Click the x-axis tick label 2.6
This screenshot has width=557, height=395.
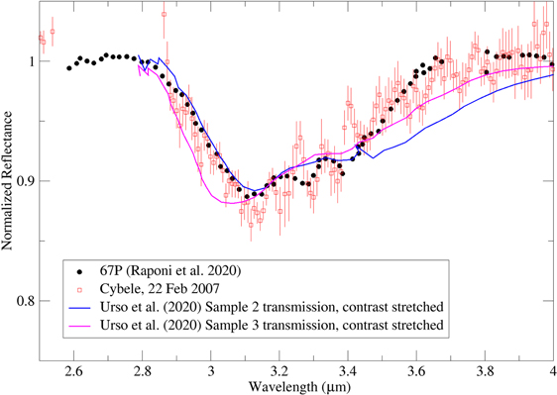tap(73, 369)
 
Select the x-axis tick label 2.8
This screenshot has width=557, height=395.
tap(142, 369)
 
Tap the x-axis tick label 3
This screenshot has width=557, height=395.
tap(210, 369)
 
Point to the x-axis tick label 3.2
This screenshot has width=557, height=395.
tap(278, 369)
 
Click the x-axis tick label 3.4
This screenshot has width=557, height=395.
tap(347, 369)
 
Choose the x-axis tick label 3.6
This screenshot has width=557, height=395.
tap(415, 369)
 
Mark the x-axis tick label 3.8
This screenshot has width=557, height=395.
tap(484, 369)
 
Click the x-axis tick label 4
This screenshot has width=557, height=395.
tap(551, 369)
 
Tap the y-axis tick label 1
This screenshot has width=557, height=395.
tap(29, 60)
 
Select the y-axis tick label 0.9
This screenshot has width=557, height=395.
tap(24, 181)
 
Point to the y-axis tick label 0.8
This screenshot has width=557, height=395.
tap(24, 301)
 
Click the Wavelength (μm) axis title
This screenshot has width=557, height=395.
tap(294, 385)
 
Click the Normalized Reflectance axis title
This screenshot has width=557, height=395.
tap(8, 182)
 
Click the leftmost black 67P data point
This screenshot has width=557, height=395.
tap(68, 68)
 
